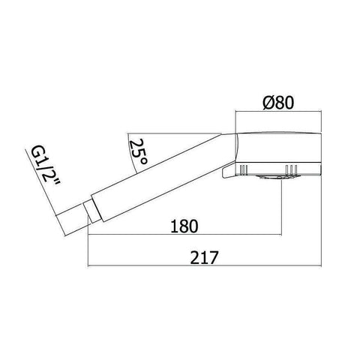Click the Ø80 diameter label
pos(278,103)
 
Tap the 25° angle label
pos(138,151)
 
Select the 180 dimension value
pos(184,226)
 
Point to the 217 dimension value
pos(204,257)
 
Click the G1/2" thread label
pos(46,166)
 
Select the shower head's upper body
pos(278,147)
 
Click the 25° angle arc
pos(130,154)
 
